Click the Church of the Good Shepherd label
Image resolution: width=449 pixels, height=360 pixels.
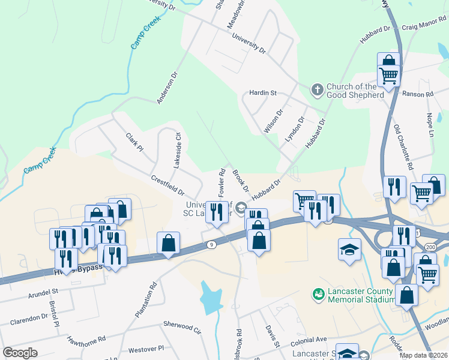click(x=355, y=91)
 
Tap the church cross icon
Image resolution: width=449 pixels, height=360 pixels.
click(x=318, y=90)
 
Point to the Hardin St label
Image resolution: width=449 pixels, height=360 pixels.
click(x=263, y=93)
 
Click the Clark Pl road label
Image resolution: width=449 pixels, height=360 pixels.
click(x=135, y=142)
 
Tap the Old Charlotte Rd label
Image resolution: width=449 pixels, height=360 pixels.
click(x=403, y=146)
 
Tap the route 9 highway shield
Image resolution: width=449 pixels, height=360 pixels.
click(x=211, y=244)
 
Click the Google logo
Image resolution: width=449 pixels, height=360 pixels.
click(x=20, y=352)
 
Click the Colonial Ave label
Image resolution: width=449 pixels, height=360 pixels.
click(x=309, y=339)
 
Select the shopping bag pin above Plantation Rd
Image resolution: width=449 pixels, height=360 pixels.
click(x=168, y=244)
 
